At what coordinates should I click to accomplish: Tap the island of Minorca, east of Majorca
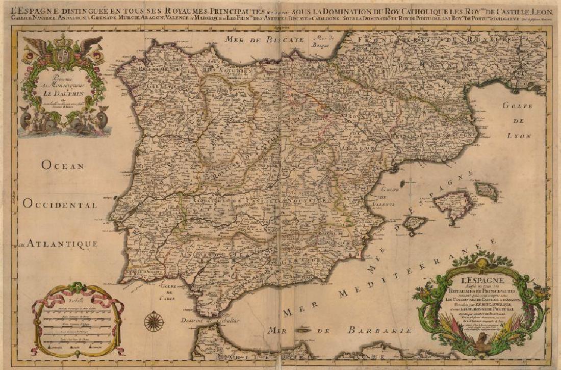[487, 190]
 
